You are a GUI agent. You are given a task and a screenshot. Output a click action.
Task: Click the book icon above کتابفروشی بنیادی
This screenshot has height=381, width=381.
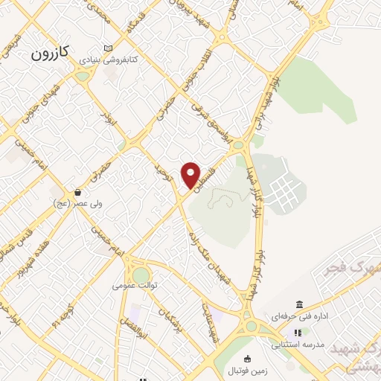[x=109, y=48]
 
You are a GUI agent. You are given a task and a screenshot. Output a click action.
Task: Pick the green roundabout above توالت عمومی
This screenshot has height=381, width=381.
[x=140, y=275]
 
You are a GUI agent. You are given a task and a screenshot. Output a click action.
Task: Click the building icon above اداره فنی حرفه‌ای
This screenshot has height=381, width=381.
[x=299, y=304]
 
